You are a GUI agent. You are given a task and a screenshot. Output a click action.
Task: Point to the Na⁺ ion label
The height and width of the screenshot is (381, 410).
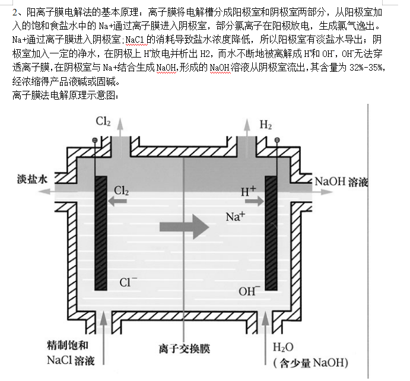click(236, 217)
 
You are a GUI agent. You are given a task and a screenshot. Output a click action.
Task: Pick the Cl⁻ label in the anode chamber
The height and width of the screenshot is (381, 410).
click(128, 282)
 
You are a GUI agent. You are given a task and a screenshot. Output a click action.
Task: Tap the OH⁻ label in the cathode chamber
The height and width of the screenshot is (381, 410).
click(249, 291)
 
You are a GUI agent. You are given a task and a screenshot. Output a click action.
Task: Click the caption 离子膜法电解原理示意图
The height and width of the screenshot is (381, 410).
click(65, 95)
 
